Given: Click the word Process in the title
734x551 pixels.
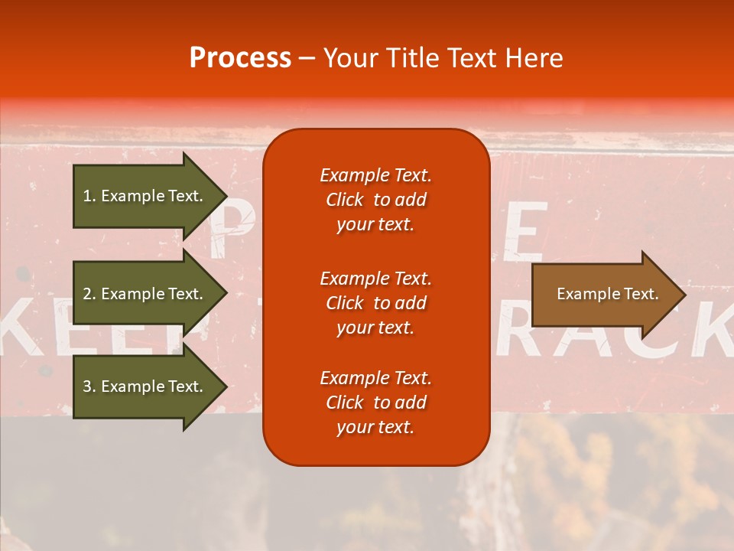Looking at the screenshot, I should coord(240,58).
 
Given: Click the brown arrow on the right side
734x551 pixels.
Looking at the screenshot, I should coord(600,294).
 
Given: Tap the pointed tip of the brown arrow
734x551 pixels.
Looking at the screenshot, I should coord(684,295).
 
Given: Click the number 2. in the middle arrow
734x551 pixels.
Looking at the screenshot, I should coord(89,294).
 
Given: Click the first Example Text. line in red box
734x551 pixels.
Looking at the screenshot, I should coord(375,175).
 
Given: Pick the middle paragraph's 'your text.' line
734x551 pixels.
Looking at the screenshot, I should coord(375,327).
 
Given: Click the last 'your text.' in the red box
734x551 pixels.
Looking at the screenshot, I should coord(375,427).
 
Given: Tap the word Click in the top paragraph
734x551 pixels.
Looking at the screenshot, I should coord(344,200).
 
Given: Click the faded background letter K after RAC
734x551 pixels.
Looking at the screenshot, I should coord(711,329).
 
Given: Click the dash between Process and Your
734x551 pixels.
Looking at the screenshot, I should coord(307,59).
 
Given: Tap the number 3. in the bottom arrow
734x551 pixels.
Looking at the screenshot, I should coord(89,386).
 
